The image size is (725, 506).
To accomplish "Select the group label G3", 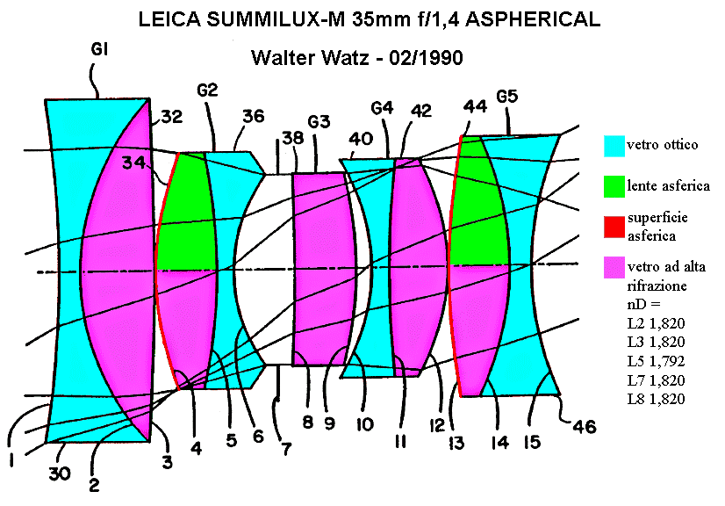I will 319,120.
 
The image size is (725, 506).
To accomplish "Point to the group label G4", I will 382,108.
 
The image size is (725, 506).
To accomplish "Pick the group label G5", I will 508,96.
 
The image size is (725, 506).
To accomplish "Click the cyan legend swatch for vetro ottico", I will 614,145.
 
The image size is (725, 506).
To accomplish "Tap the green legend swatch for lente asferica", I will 614,185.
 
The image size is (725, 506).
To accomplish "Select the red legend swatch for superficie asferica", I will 614,226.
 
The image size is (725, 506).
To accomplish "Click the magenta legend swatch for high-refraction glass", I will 614,267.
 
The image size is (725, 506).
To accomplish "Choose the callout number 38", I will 291,138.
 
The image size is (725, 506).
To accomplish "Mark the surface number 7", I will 286,449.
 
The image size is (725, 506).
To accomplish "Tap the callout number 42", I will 421,111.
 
